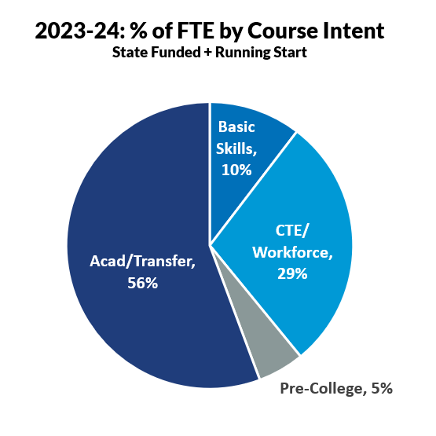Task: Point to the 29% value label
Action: [x=291, y=274]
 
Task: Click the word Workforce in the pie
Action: [x=292, y=254]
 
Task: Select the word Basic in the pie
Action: [x=237, y=126]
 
